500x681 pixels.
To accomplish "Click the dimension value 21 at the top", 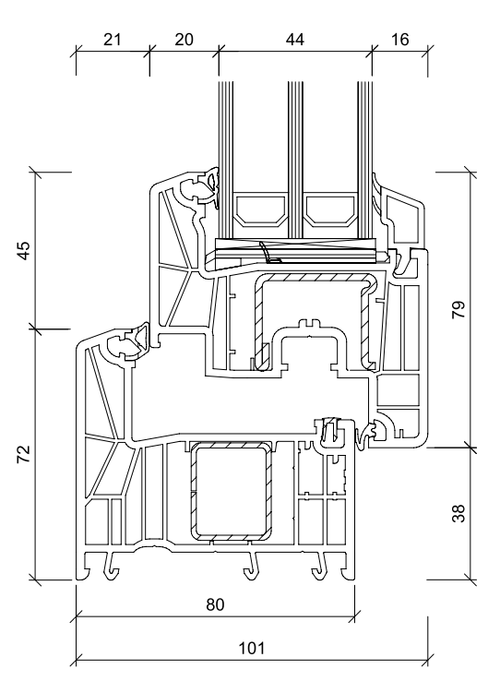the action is [112, 40].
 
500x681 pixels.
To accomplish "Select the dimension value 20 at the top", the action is [184, 40].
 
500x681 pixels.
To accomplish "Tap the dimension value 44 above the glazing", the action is [295, 40].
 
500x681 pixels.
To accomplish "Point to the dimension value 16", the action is [399, 40].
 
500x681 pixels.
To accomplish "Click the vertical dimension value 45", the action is [24, 251].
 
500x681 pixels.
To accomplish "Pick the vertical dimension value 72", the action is [24, 454].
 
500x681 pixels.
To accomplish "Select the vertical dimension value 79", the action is [458, 310].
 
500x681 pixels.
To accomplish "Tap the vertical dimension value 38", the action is [458, 513].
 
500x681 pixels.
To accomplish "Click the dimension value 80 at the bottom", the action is [215, 604].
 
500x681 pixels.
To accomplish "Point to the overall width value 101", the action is [252, 649].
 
